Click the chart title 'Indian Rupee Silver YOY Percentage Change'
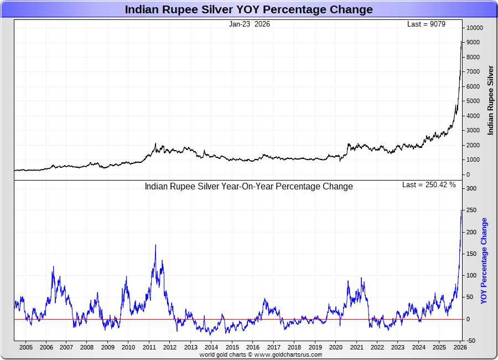[x=248, y=9]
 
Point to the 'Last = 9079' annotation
[x=426, y=24]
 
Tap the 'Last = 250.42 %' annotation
[x=429, y=184]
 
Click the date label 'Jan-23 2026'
[x=250, y=24]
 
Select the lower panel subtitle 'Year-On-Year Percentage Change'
[x=248, y=187]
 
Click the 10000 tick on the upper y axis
[x=474, y=28]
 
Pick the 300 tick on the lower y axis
[x=471, y=189]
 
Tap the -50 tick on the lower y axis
[x=471, y=341]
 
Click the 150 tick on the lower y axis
[x=471, y=254]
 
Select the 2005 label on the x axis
[x=25, y=348]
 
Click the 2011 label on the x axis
[x=149, y=348]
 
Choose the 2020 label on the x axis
[x=335, y=348]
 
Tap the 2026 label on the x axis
[x=459, y=348]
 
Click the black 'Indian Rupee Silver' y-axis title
[x=490, y=100]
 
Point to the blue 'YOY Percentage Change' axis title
[x=484, y=261]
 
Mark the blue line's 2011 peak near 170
[x=155, y=245]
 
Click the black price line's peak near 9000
[x=462, y=42]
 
